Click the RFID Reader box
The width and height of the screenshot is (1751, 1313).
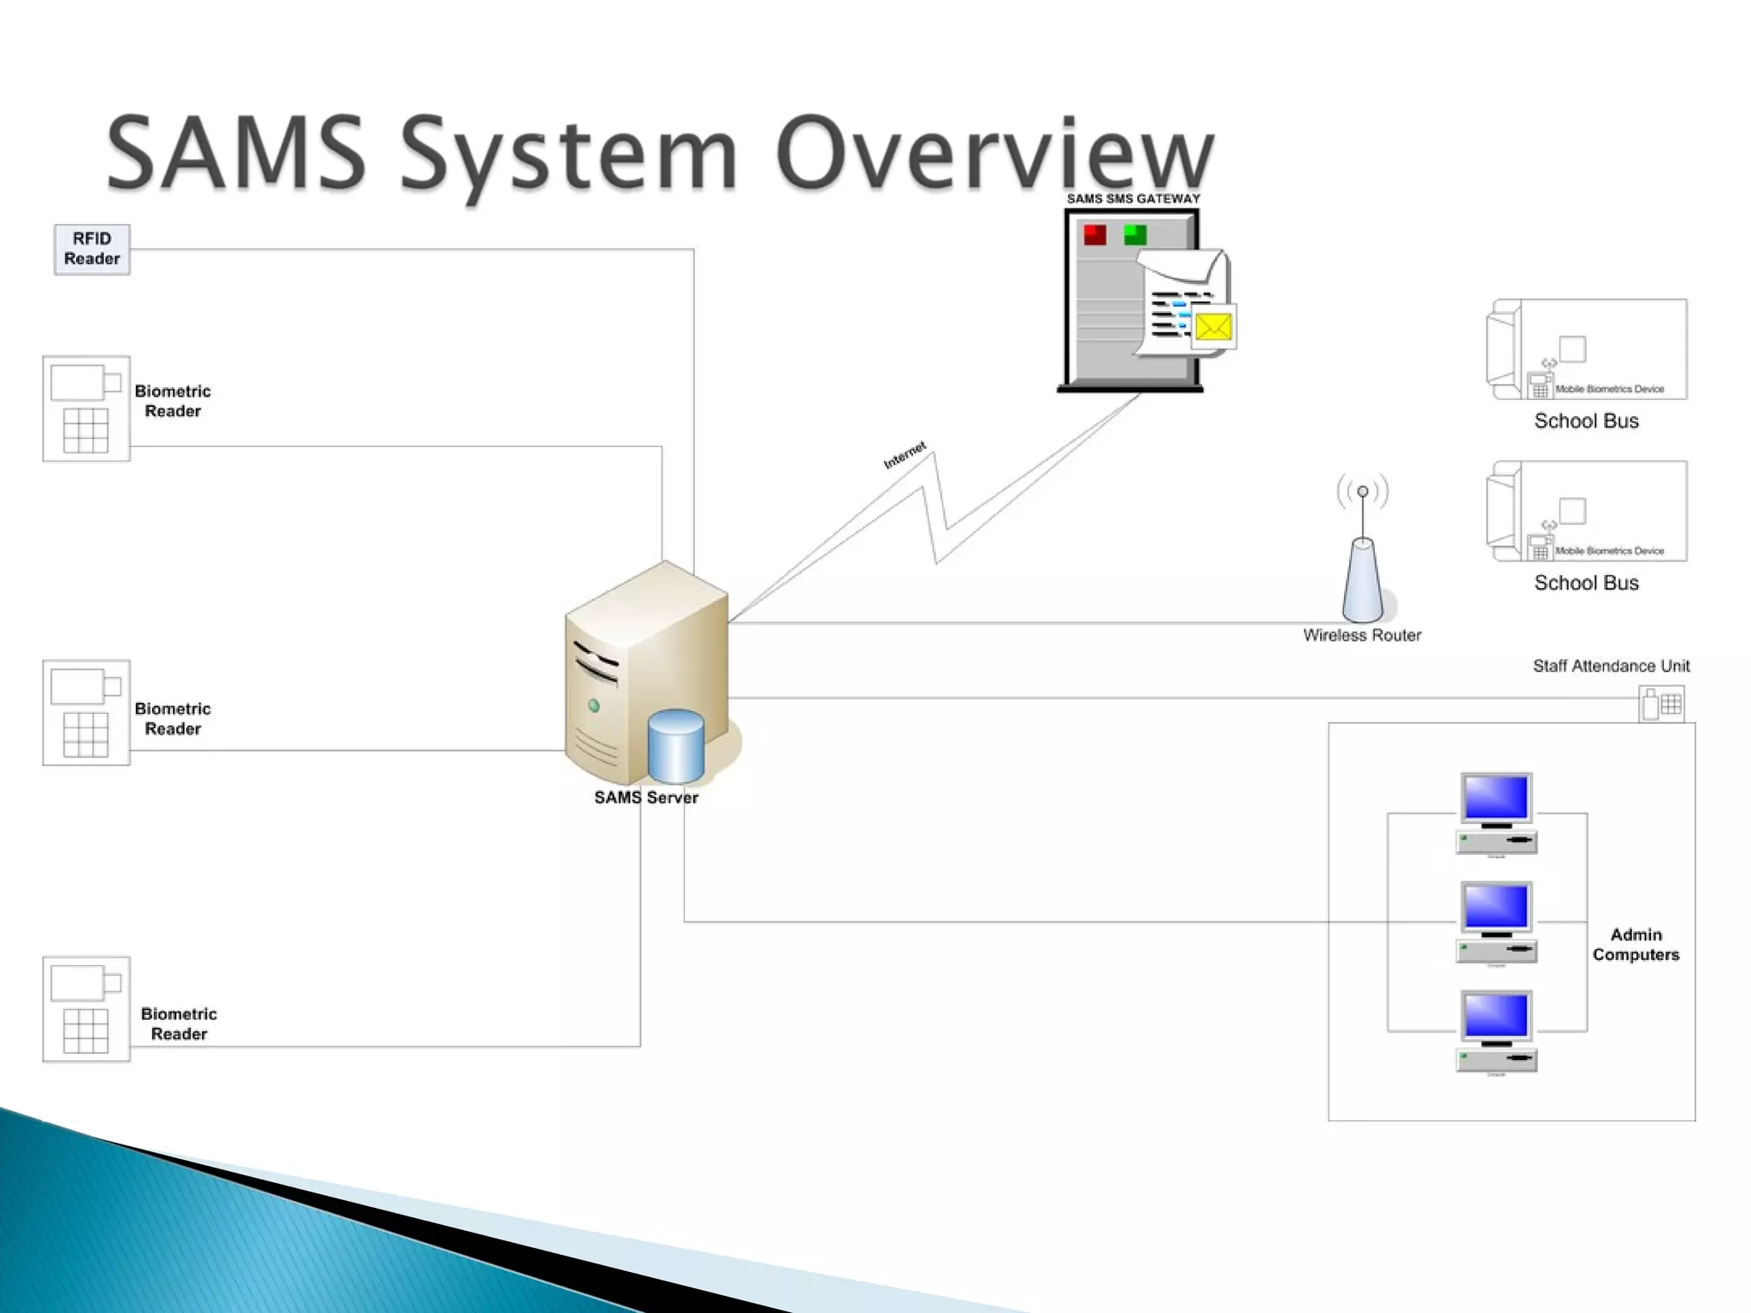tap(91, 249)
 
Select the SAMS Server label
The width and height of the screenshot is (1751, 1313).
tap(646, 798)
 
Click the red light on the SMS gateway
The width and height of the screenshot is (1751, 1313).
tap(1094, 234)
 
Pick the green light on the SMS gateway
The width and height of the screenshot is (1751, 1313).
tap(1135, 234)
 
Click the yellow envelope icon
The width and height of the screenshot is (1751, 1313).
tap(1212, 327)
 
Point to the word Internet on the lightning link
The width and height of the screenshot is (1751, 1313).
tap(905, 455)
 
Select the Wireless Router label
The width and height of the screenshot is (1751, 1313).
tap(1361, 635)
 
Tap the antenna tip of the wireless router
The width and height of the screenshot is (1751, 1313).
tap(1363, 492)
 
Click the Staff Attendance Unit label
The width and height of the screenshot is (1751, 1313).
tap(1611, 666)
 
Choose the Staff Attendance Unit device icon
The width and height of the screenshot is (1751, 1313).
tap(1661, 704)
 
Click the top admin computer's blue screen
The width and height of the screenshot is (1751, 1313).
tap(1495, 797)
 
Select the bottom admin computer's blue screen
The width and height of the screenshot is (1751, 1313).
tap(1495, 1015)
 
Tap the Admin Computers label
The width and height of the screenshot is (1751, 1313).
tap(1636, 945)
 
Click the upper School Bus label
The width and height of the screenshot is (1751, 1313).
tap(1586, 421)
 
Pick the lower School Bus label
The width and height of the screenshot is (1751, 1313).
tap(1586, 583)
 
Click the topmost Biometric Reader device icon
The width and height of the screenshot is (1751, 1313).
tap(86, 409)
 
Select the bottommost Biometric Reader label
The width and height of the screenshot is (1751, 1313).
tap(179, 1023)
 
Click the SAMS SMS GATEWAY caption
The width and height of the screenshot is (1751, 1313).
tap(1133, 199)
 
